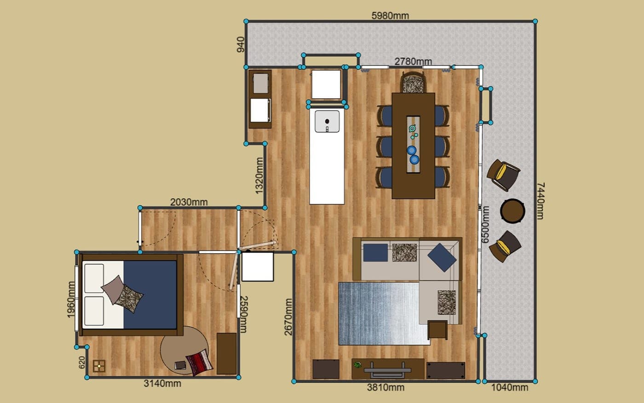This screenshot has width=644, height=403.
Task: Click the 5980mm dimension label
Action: tap(390, 16)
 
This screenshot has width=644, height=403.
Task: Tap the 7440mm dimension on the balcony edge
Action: tap(540, 201)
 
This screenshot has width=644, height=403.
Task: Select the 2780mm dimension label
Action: tap(413, 61)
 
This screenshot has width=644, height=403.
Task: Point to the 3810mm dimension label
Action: tap(385, 387)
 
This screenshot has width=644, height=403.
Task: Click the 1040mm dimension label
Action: tap(510, 387)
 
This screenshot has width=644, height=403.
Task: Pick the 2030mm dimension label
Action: tap(189, 202)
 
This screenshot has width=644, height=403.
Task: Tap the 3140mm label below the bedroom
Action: tap(162, 383)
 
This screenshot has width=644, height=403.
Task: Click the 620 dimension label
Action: tap(82, 362)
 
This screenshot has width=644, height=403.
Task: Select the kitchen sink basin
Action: tap(327, 122)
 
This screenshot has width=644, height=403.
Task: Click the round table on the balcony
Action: tap(512, 211)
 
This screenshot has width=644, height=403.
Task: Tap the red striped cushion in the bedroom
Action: tap(199, 362)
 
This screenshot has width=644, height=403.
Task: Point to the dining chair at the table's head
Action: tap(413, 82)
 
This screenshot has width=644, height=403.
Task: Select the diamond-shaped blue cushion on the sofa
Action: tap(442, 257)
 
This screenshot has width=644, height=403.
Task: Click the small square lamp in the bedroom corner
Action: tap(99, 366)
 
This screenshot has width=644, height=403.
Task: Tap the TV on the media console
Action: tap(387, 370)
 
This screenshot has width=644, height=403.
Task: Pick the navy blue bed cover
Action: tap(150, 294)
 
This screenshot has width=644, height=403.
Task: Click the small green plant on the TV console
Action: tap(357, 365)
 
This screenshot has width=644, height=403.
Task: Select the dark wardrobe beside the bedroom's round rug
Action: tap(226, 354)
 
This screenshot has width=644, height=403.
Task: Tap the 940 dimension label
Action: tap(241, 45)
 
